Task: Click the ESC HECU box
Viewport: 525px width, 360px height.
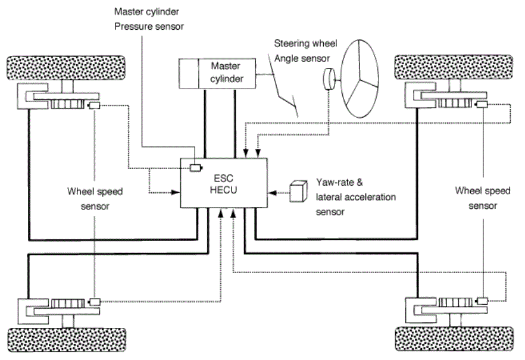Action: click(x=224, y=183)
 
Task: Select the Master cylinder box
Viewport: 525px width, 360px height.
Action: click(x=217, y=74)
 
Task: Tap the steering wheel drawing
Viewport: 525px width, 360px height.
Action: click(x=360, y=79)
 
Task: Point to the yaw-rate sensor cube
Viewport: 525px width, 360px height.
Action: click(x=298, y=192)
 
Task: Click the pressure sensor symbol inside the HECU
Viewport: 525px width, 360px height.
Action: click(x=195, y=167)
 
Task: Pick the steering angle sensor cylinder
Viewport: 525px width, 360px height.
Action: click(x=329, y=79)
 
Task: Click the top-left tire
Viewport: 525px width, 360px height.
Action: click(x=66, y=68)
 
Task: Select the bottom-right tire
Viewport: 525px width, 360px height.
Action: click(x=454, y=339)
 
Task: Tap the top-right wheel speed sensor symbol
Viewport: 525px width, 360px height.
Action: click(x=482, y=104)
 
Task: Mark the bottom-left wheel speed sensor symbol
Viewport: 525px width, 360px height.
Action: click(x=95, y=302)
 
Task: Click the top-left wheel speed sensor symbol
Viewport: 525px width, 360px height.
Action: click(x=94, y=106)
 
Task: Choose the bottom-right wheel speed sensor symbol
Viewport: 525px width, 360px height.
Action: click(x=482, y=300)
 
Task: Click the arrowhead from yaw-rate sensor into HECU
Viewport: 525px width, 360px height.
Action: click(x=273, y=193)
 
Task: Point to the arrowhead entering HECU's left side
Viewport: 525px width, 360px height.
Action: click(x=176, y=192)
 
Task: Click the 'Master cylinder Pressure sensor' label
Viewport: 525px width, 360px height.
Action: click(x=149, y=19)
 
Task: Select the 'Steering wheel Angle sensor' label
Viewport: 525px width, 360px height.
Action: click(x=305, y=51)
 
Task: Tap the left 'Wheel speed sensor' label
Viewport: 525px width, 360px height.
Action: click(x=95, y=199)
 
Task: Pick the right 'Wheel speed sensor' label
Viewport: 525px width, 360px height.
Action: click(x=483, y=198)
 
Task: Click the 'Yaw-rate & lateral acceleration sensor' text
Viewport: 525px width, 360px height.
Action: click(x=355, y=197)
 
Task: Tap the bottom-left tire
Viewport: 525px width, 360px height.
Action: click(x=67, y=340)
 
